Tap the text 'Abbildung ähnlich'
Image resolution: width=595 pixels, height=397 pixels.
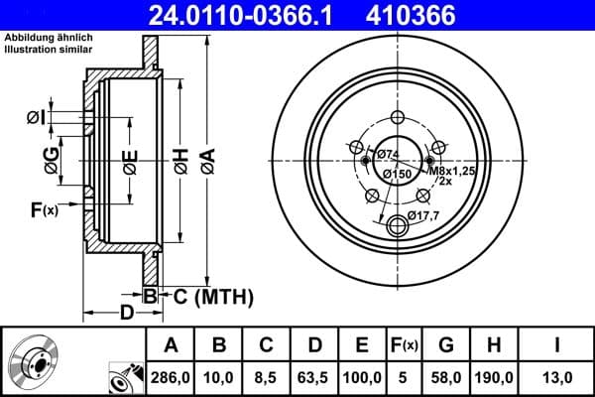(50, 39)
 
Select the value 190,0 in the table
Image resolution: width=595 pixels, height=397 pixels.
(493, 378)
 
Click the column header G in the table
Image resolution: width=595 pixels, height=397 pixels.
(446, 345)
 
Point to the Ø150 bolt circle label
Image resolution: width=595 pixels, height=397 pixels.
(398, 175)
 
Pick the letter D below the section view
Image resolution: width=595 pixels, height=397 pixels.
(127, 314)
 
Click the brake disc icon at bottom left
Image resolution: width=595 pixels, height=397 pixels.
(38, 362)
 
